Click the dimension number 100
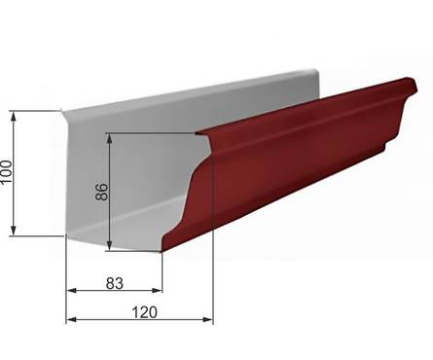click(7, 171)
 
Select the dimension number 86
click(102, 192)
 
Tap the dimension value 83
click(115, 283)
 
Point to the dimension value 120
click(145, 312)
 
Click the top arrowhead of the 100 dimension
click(14, 116)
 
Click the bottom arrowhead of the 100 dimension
click(14, 231)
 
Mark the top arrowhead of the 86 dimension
click(110, 138)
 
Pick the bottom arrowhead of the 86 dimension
click(110, 245)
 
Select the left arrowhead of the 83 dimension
click(71, 290)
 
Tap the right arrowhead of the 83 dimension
click(157, 290)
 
